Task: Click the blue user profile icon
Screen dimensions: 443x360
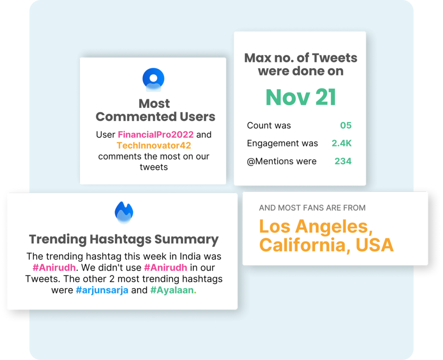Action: (154, 80)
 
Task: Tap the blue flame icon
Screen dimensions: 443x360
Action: (124, 212)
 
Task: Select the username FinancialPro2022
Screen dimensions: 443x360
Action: (156, 135)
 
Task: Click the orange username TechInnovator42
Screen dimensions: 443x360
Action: (154, 145)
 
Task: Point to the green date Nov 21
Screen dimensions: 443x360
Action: (301, 97)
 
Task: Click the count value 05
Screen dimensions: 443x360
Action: (346, 125)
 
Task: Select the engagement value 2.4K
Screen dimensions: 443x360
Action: (342, 143)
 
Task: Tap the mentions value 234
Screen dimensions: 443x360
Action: (343, 161)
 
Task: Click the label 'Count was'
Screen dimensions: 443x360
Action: (269, 125)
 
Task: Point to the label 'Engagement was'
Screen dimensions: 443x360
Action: (282, 144)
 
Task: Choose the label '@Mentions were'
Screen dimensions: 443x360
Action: (281, 161)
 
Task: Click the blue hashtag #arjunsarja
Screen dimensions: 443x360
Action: (102, 290)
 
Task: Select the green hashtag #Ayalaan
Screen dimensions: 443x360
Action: (172, 290)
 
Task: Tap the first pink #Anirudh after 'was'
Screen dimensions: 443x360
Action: (54, 267)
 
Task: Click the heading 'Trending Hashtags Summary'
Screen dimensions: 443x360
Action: (124, 239)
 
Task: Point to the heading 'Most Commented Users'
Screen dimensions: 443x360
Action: (155, 110)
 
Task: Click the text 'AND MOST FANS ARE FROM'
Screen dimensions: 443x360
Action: (312, 208)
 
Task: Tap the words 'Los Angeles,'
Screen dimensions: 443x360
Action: (316, 227)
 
